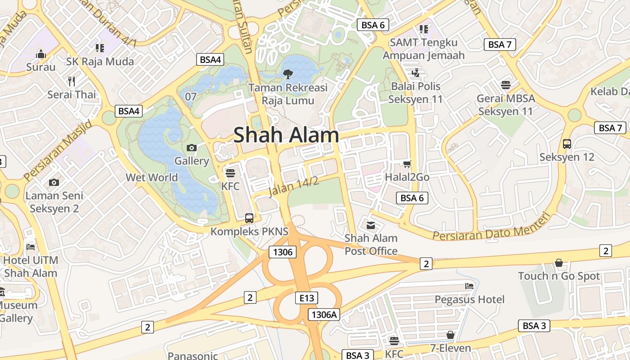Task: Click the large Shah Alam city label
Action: pyautogui.click(x=286, y=135)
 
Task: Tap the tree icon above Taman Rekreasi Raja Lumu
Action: pyautogui.click(x=288, y=73)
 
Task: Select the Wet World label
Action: pyautogui.click(x=152, y=177)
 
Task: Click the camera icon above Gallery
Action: pyautogui.click(x=192, y=148)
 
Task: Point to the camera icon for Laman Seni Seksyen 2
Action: pyautogui.click(x=54, y=182)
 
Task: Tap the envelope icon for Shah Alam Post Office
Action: pyautogui.click(x=371, y=225)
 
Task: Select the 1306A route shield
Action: pyautogui.click(x=324, y=315)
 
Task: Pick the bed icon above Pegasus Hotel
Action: pyautogui.click(x=469, y=286)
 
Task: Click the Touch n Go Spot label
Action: pyautogui.click(x=559, y=276)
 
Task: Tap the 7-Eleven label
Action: pyautogui.click(x=450, y=348)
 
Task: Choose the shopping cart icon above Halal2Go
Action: pyautogui.click(x=407, y=164)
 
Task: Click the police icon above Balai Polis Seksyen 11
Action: pyautogui.click(x=415, y=72)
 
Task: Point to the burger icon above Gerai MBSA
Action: pyautogui.click(x=506, y=85)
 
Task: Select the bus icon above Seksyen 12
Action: pyautogui.click(x=567, y=144)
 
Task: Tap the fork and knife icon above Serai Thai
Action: pyautogui.click(x=72, y=81)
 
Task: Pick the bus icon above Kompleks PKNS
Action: pyautogui.click(x=249, y=218)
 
